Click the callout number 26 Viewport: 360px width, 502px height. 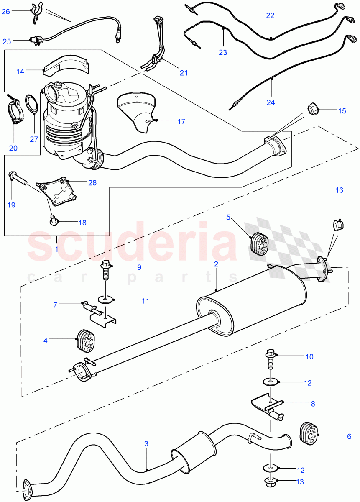click(x=5, y=12)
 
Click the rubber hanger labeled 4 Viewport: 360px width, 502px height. click(x=87, y=341)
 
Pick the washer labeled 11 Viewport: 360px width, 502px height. click(x=106, y=299)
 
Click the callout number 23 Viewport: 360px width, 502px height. click(x=223, y=52)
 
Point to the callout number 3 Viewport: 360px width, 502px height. click(x=146, y=443)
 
